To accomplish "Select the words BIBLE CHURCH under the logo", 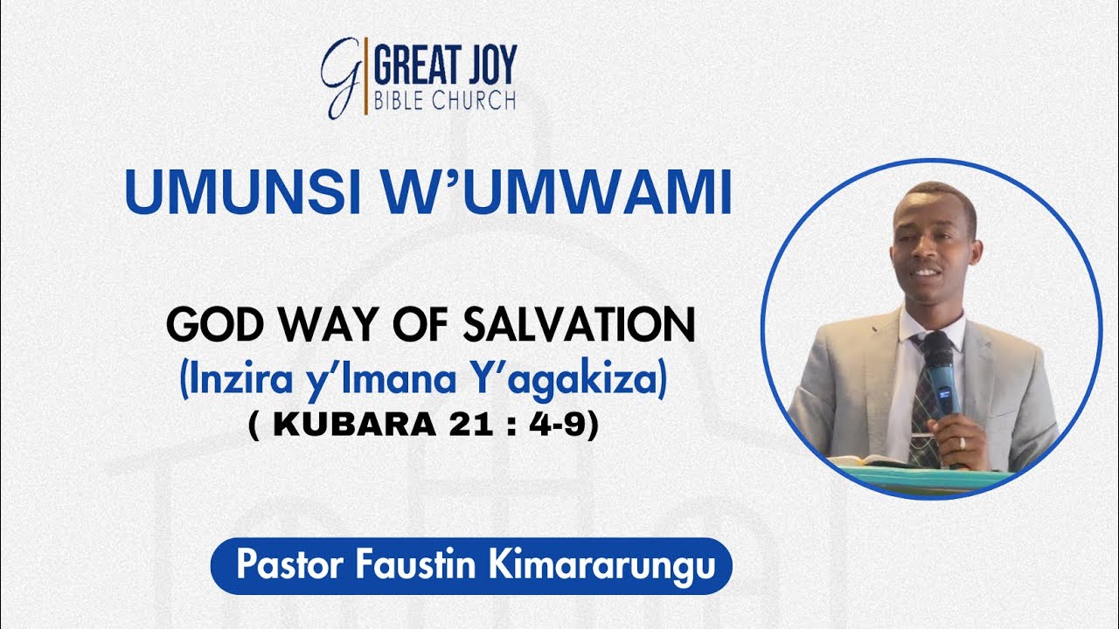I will (x=444, y=100).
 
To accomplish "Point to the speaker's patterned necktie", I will (x=923, y=411).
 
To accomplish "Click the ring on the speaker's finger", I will (x=963, y=442).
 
